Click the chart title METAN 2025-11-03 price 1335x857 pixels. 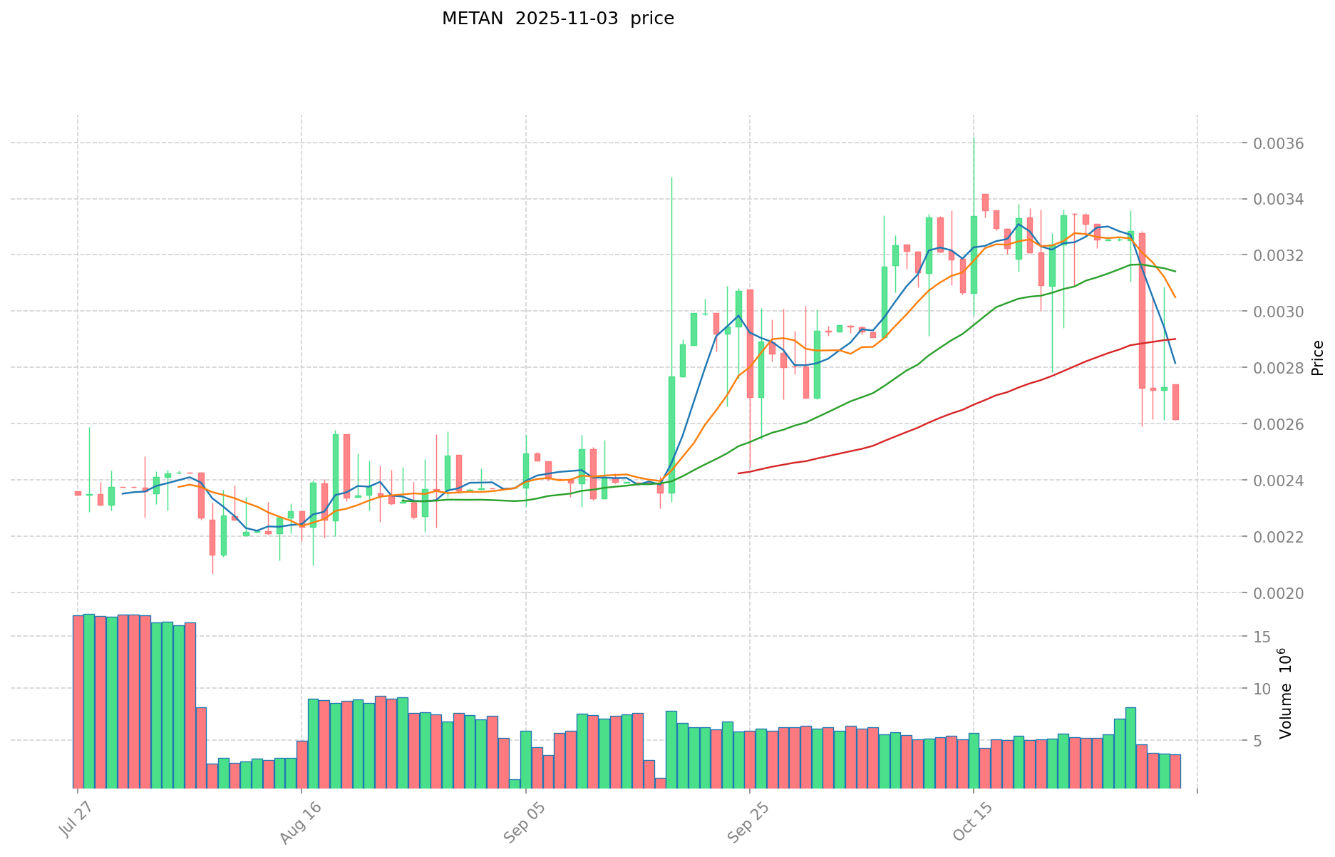click(x=557, y=19)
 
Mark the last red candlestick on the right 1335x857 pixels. click(x=1175, y=402)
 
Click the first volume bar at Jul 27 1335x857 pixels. click(x=78, y=702)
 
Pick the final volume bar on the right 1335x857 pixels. click(x=1175, y=771)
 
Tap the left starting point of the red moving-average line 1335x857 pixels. click(x=738, y=473)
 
